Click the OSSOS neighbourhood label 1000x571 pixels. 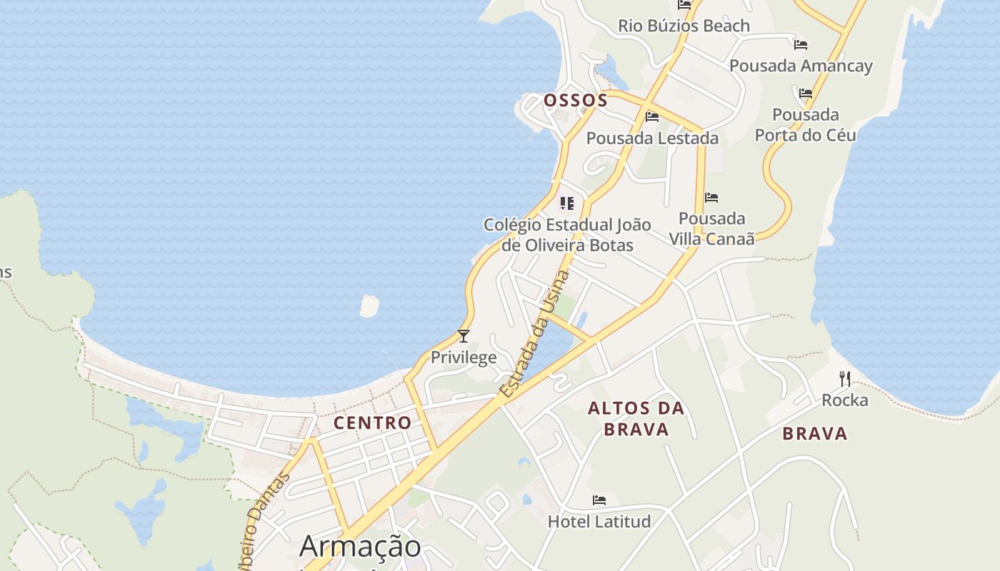click(x=576, y=101)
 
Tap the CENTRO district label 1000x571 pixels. click(x=373, y=423)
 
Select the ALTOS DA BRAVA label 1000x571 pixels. click(x=636, y=419)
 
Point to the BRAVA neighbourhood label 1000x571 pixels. click(x=814, y=433)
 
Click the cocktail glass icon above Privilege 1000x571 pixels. click(x=464, y=335)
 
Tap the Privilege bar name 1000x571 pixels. click(x=464, y=358)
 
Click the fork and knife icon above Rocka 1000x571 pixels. click(x=845, y=378)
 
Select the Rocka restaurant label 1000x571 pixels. click(x=845, y=400)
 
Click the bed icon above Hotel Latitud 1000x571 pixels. click(x=599, y=500)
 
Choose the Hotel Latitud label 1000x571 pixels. click(x=599, y=522)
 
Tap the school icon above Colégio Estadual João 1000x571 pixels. click(x=567, y=203)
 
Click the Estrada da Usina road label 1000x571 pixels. click(x=535, y=334)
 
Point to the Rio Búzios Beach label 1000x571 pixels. click(x=684, y=26)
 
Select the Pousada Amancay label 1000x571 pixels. click(x=801, y=66)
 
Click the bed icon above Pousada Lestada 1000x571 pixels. click(x=652, y=117)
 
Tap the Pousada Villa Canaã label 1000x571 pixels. click(x=711, y=228)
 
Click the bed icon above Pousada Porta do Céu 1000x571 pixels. click(x=806, y=93)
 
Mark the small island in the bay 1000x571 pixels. click(x=369, y=305)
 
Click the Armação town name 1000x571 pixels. click(x=360, y=547)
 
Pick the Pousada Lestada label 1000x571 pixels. click(x=652, y=138)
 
